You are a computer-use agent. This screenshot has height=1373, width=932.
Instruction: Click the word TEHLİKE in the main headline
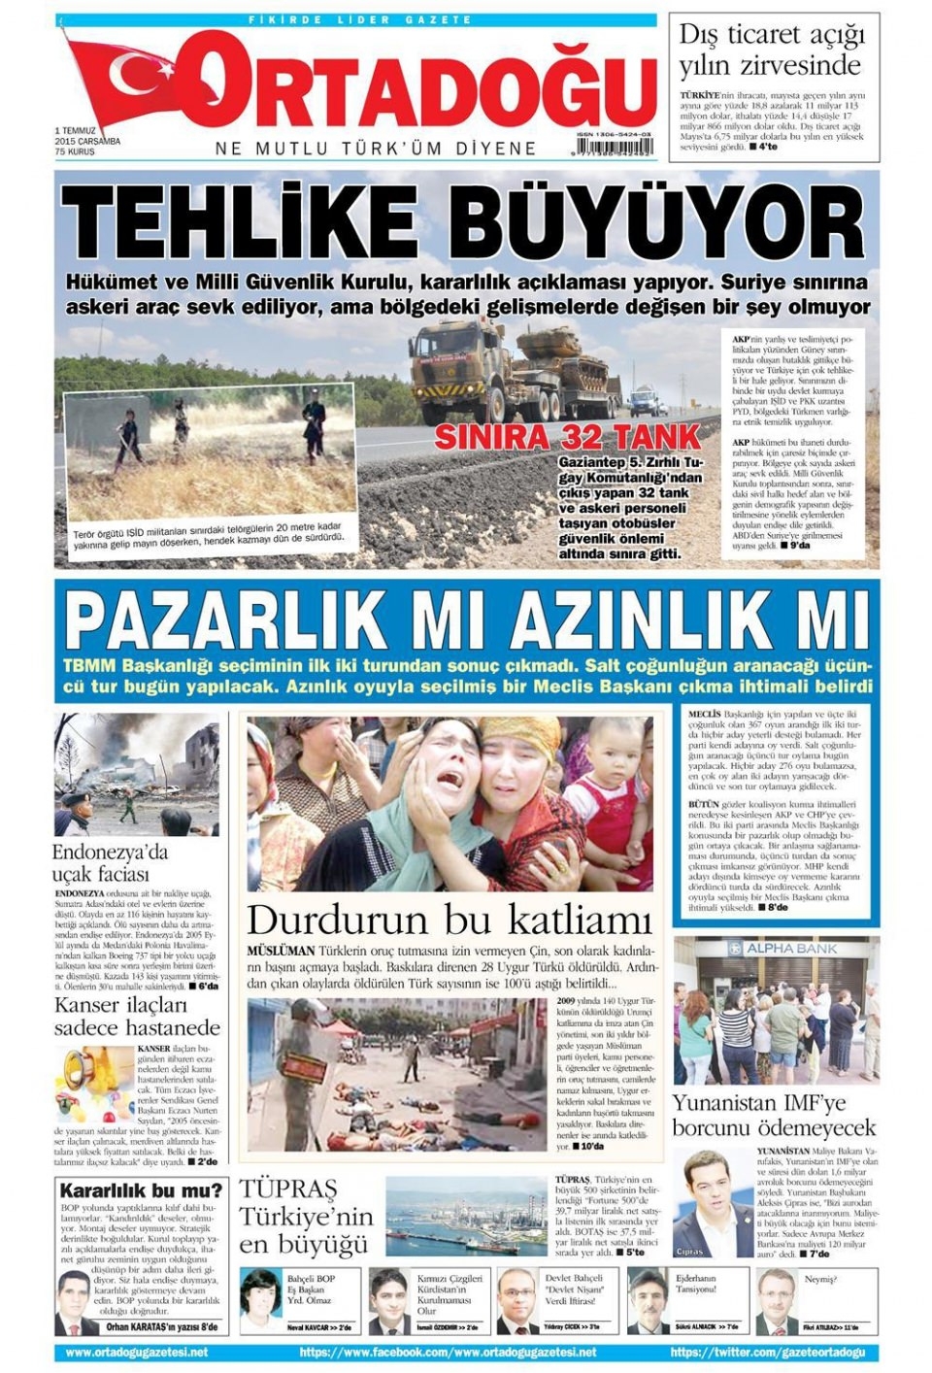[x=239, y=222]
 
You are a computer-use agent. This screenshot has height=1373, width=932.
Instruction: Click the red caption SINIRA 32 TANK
[x=567, y=436]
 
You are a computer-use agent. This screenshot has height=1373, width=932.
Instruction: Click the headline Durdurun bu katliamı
[x=449, y=919]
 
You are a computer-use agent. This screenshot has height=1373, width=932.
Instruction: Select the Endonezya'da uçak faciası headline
[x=111, y=863]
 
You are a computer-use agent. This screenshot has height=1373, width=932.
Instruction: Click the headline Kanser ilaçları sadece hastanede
[x=137, y=1016]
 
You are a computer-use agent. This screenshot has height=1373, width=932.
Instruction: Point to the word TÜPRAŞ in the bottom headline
[x=288, y=1189]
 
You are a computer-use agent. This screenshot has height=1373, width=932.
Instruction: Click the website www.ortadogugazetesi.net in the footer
[x=137, y=1352]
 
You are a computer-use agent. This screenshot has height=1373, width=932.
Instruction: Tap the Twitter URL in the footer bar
[x=767, y=1352]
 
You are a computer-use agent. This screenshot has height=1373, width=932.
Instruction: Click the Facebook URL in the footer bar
[x=448, y=1352]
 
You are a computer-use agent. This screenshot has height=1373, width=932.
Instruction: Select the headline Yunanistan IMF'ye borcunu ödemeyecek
[x=774, y=1116]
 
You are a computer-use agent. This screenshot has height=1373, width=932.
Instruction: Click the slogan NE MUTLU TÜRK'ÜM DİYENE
[x=376, y=149]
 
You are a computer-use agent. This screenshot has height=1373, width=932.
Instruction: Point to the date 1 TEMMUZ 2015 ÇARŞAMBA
[x=86, y=140]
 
